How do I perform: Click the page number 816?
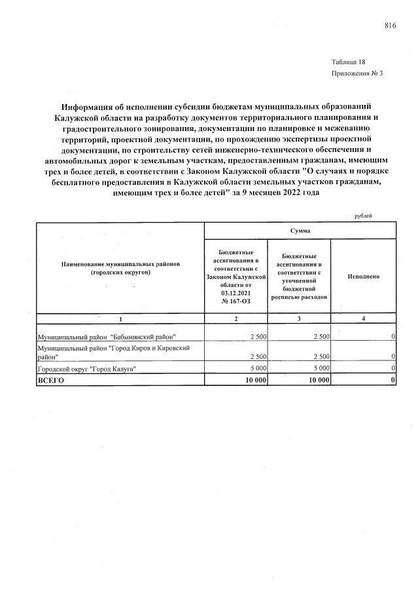(391, 26)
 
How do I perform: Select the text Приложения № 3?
(357, 73)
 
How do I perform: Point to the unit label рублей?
(362, 216)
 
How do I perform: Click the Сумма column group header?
(300, 231)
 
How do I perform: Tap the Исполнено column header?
(363, 277)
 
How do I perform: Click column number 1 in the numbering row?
(120, 318)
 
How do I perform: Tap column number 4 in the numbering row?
(363, 318)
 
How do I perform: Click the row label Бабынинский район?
(107, 336)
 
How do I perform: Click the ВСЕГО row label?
(51, 380)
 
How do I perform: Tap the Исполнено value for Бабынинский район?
(393, 336)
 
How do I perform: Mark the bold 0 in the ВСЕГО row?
(392, 380)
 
